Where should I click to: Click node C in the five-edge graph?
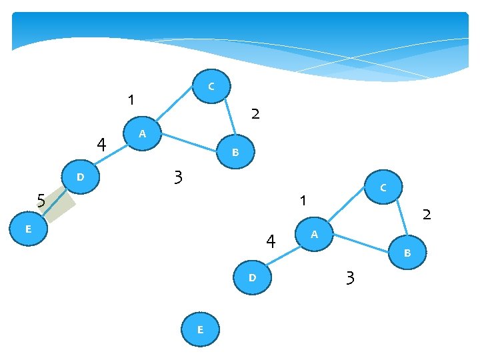(x=211, y=86)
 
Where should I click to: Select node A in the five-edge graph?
(x=143, y=134)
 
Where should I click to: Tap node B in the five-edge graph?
(x=235, y=153)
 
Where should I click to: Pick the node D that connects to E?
(x=80, y=177)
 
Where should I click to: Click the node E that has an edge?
(x=28, y=229)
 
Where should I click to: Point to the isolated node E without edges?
(x=200, y=329)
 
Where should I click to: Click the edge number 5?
(x=41, y=200)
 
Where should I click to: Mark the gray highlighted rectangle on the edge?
(x=56, y=204)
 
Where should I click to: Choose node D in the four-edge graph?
(x=252, y=277)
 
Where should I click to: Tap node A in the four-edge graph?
(x=314, y=235)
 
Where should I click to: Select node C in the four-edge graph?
(x=383, y=189)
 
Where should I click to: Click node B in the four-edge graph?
(x=407, y=253)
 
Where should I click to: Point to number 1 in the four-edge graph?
(x=303, y=200)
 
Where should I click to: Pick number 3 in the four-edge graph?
(x=350, y=278)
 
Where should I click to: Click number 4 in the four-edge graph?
(x=271, y=241)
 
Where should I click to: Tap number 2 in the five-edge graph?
(x=255, y=115)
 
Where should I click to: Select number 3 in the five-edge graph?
(x=177, y=178)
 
